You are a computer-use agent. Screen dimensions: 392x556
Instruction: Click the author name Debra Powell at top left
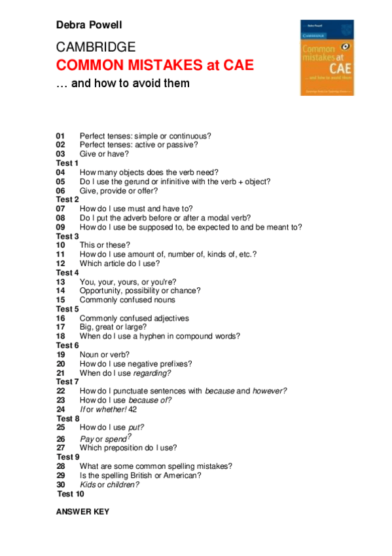[x=89, y=26]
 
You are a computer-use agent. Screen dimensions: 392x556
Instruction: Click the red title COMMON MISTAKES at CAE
[x=154, y=66]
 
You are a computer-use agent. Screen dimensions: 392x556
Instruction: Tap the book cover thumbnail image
[x=327, y=57]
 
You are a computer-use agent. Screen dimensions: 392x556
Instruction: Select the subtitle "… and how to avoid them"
[x=123, y=83]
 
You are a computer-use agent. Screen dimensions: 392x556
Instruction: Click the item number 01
[x=61, y=136]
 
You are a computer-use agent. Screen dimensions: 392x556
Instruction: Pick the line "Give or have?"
[x=104, y=153]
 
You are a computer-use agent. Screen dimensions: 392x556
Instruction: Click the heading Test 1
[x=67, y=163]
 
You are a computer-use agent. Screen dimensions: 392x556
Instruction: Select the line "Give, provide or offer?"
[x=118, y=191]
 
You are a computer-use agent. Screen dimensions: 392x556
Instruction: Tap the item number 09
[x=61, y=227]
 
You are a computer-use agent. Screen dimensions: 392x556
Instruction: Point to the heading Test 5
[x=67, y=309]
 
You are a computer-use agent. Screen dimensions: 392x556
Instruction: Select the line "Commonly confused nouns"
[x=127, y=300]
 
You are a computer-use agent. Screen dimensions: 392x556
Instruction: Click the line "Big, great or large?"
[x=113, y=327]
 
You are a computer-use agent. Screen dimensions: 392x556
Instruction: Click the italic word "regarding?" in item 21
[x=152, y=372]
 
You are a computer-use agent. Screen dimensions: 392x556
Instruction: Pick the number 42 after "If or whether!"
[x=133, y=409]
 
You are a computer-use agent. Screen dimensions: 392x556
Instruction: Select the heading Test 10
[x=70, y=494]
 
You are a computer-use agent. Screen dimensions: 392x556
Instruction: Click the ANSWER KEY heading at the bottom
[x=82, y=511]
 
